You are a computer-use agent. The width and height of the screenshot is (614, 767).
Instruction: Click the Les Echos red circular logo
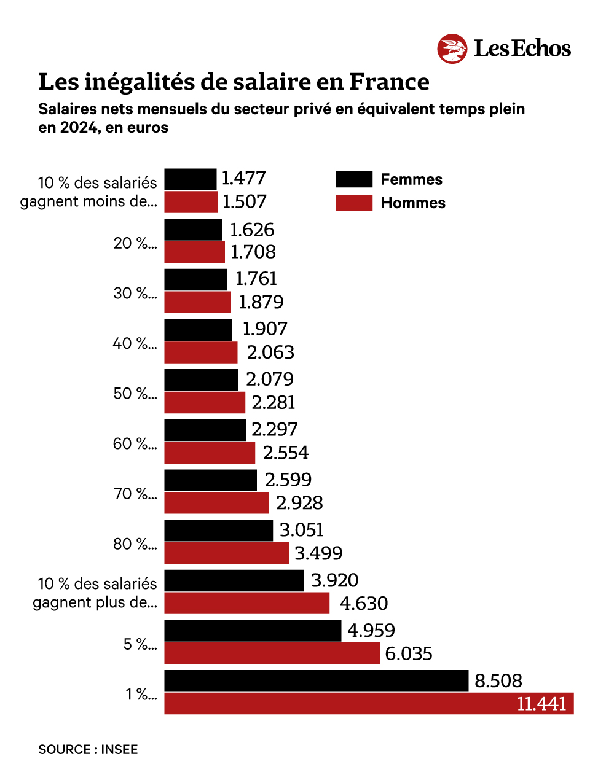click(452, 49)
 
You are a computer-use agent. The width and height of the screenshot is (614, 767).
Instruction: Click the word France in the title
click(389, 82)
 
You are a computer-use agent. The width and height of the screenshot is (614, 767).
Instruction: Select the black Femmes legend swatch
click(354, 179)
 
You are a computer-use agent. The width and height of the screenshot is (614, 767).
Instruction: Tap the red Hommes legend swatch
click(354, 203)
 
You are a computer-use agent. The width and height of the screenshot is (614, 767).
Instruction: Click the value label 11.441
click(541, 703)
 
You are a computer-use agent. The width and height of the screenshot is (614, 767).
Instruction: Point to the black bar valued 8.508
click(316, 680)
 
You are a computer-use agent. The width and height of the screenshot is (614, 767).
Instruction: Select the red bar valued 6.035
click(272, 653)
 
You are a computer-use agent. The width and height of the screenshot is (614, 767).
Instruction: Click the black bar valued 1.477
click(191, 179)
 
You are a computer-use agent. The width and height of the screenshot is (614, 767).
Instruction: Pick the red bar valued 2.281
click(205, 403)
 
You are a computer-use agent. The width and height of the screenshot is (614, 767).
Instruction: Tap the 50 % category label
click(135, 393)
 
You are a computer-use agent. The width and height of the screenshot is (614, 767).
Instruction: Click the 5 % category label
click(140, 644)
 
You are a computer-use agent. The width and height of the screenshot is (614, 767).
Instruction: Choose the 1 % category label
click(141, 695)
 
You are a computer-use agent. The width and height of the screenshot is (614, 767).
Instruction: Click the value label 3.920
click(334, 580)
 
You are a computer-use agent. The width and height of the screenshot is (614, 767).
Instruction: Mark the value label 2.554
click(286, 453)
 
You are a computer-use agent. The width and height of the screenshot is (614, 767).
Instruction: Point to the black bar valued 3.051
click(218, 530)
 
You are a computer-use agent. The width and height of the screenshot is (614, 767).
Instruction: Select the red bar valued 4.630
click(246, 603)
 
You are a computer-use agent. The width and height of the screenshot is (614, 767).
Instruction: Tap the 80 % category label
click(135, 544)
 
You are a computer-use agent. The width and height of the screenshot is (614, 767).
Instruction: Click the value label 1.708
click(253, 252)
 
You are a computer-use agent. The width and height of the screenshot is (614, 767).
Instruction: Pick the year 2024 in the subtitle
click(79, 128)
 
